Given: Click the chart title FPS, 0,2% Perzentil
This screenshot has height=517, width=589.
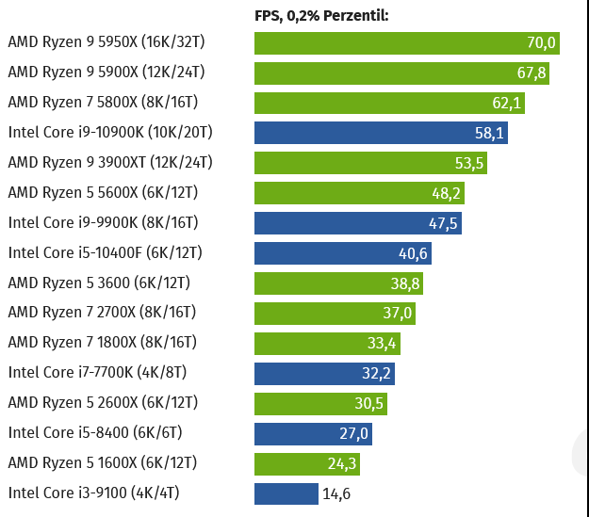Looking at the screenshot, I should click(x=321, y=15).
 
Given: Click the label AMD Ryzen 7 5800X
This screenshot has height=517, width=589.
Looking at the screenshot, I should click(x=103, y=102).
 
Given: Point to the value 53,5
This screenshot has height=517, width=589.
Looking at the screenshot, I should click(x=469, y=163).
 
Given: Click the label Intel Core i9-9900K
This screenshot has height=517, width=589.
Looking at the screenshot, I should click(x=105, y=222).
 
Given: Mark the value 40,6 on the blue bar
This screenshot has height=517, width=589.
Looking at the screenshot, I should click(x=414, y=253).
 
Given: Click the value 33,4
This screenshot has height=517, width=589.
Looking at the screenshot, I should click(x=383, y=344).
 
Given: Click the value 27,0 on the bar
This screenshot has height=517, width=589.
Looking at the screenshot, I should click(x=353, y=434).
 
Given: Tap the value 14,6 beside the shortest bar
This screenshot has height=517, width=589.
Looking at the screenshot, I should click(x=335, y=494).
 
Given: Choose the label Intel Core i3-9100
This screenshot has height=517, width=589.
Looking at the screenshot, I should click(x=93, y=493).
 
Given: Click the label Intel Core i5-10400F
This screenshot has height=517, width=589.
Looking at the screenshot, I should click(x=105, y=252).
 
